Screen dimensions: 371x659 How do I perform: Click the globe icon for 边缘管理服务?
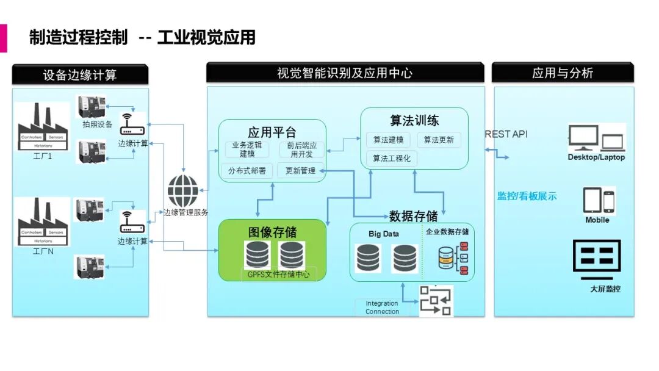[x=183, y=191]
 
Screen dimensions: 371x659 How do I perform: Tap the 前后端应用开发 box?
[x=302, y=149]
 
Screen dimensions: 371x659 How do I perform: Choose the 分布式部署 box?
[x=247, y=171]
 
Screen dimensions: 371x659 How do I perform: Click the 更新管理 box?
[x=300, y=171]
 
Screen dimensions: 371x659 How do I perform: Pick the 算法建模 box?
[x=389, y=140]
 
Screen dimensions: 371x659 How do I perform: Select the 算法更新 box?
[x=439, y=140]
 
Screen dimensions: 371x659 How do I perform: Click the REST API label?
[x=506, y=134]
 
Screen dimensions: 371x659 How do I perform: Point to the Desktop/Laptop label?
[x=596, y=157]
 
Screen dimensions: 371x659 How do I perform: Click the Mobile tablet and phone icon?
[x=598, y=201]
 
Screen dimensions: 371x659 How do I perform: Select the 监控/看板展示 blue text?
[x=527, y=196]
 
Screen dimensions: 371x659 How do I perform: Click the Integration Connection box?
[x=382, y=308]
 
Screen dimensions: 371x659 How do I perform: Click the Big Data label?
[x=383, y=234]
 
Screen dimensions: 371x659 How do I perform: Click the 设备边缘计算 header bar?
[x=80, y=74]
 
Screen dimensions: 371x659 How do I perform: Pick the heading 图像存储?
[x=273, y=232]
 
